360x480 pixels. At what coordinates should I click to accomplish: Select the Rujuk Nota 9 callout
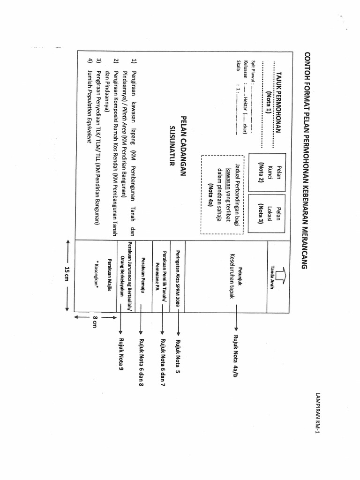[x=121, y=354]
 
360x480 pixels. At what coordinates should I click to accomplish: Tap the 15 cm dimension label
[x=67, y=275]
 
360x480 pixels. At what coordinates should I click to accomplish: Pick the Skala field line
[x=239, y=98]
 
